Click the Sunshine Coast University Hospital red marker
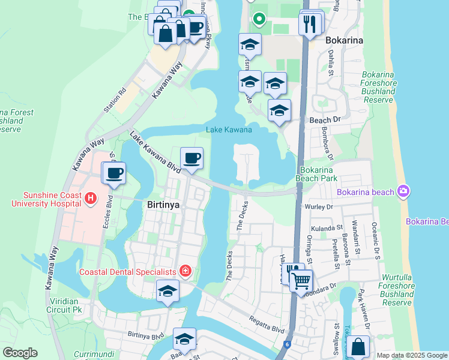coord(90,198)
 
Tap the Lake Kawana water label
coord(229,130)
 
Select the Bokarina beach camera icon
coord(403,191)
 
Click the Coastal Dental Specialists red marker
coord(185,272)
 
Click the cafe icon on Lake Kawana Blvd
coord(191,158)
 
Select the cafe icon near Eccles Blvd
coord(113,173)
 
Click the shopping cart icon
coord(301,280)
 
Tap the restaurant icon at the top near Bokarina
coord(310,24)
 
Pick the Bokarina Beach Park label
coord(316,174)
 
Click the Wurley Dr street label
coord(322,206)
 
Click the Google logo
coord(20,353)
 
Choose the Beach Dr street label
coord(325,120)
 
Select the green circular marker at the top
coord(259,19)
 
